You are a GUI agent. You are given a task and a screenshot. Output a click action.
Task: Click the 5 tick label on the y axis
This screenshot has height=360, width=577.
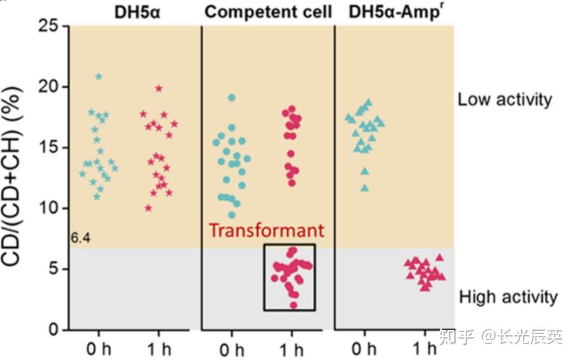point(54,269)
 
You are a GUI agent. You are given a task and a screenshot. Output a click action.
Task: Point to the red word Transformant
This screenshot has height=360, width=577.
point(266,230)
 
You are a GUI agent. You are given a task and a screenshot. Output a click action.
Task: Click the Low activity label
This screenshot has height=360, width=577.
point(505,100)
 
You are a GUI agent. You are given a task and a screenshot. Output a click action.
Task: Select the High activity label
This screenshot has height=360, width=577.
point(508,297)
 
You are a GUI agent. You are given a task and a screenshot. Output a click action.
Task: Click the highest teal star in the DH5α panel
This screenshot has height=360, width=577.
point(98,77)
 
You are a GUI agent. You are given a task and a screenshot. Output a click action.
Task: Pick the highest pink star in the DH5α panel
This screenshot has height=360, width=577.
point(159,89)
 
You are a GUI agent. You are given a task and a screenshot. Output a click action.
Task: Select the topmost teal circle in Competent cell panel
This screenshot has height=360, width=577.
point(232,98)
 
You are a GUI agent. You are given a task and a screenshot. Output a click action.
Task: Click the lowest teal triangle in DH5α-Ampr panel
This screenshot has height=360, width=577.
point(364,188)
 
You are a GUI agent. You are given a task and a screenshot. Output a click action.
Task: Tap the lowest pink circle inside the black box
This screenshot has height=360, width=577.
point(294,305)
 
